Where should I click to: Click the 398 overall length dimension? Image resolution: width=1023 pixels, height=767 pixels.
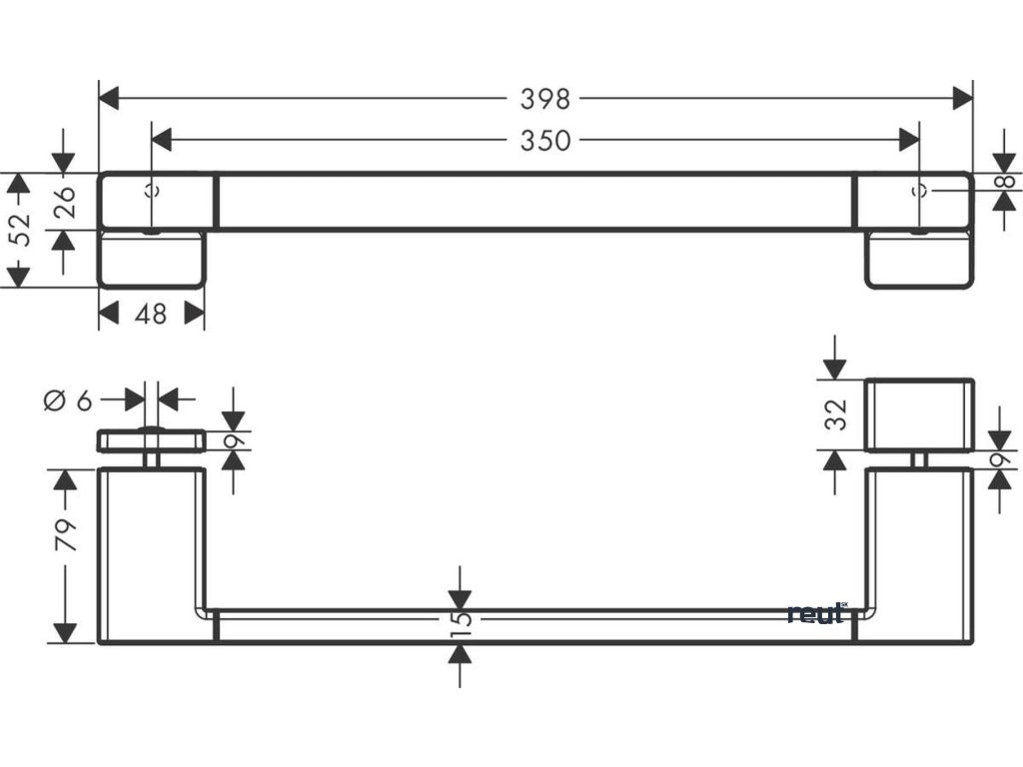(x=544, y=98)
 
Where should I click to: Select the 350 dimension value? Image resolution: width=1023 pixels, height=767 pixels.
(x=544, y=140)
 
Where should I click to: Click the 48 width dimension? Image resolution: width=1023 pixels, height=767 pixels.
(x=150, y=314)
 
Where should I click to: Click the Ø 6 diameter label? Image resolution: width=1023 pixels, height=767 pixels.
(x=68, y=400)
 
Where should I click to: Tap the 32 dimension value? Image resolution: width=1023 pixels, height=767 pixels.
(x=837, y=413)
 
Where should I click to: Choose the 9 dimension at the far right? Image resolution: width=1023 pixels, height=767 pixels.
(x=1000, y=458)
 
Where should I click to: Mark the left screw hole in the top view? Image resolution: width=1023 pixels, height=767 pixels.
(x=152, y=191)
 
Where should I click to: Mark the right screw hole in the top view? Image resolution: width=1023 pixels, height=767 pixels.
(x=920, y=191)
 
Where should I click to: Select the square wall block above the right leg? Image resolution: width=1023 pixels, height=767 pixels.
(x=919, y=414)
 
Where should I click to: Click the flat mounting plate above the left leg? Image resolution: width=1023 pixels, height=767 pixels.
(x=151, y=440)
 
